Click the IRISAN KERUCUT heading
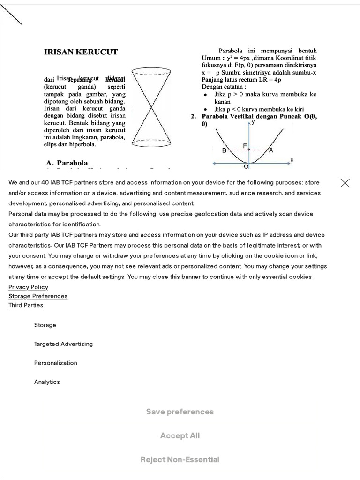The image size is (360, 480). point(81,52)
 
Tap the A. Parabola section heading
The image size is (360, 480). point(67,163)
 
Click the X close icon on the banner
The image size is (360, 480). point(345,183)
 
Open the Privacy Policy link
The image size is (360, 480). point(28,287)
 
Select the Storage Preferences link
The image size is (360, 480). point(38,296)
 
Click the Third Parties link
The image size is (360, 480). point(26,305)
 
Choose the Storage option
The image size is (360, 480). point(45,325)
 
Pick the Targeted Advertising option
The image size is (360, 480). point(63,344)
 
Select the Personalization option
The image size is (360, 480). point(55,363)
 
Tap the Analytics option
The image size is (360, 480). point(47,382)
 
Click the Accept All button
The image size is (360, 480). point(180,435)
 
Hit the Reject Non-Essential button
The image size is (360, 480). point(180,459)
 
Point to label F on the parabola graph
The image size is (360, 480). point(245,146)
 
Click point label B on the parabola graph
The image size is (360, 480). point(224,150)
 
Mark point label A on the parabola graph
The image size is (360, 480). point(271,150)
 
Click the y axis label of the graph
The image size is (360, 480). point(253,122)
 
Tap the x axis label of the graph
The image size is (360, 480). point(292,160)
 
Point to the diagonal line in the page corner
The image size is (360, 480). point(11,16)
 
